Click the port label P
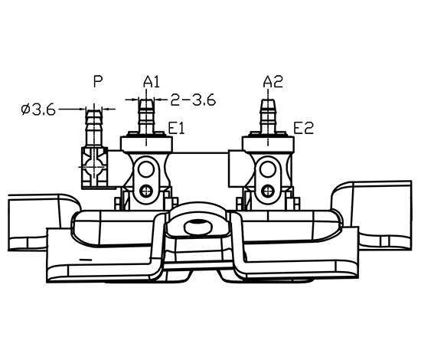[x=98, y=81]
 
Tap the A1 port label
[x=152, y=82]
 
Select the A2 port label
[x=273, y=82]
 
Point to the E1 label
[x=176, y=128]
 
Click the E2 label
[x=303, y=128]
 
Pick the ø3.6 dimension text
[x=38, y=110]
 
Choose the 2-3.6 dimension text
[x=193, y=100]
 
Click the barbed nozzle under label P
[x=94, y=129]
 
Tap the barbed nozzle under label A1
[x=146, y=116]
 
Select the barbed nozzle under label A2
[x=268, y=116]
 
